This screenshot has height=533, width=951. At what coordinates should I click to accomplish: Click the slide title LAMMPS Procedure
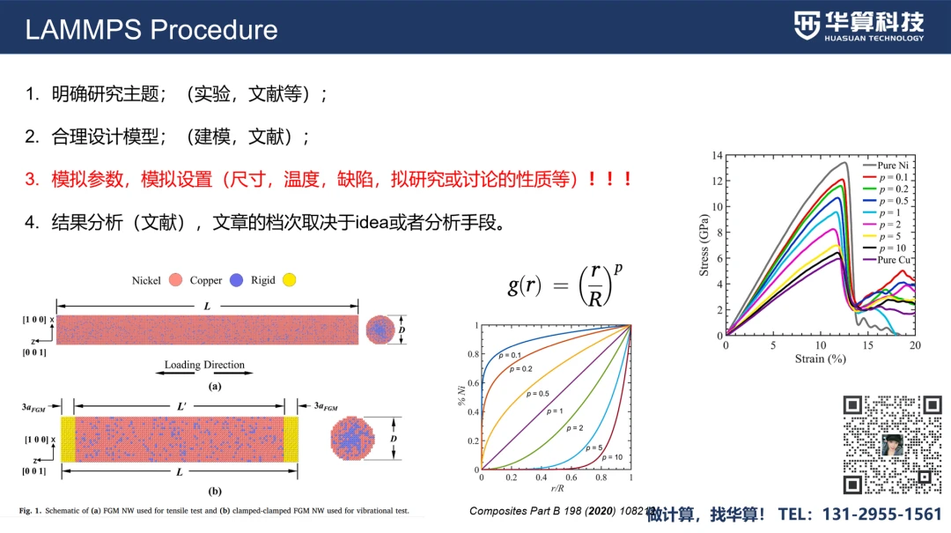151,29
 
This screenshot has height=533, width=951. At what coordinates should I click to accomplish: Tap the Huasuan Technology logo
859,26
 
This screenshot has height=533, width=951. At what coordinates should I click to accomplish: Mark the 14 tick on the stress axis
717,156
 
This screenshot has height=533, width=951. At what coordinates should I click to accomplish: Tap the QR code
892,444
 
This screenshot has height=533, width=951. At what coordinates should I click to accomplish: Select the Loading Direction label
204,365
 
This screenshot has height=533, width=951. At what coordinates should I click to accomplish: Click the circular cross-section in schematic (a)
380,329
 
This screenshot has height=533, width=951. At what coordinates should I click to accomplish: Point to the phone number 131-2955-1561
881,514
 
